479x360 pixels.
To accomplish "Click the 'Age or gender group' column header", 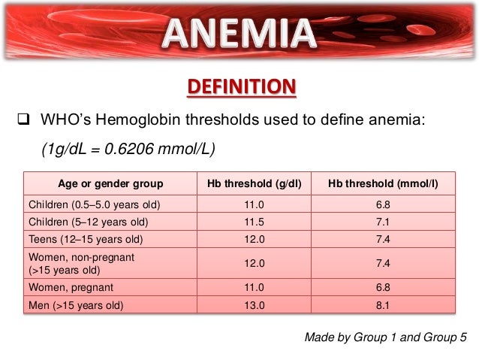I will point(110,184).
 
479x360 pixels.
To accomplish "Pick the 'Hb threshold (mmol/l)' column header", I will point(383,184).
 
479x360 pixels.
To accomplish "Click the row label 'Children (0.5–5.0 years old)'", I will point(95,204).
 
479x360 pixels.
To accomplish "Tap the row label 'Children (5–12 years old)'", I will point(88,222).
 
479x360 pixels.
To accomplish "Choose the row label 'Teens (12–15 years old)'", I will point(84,241).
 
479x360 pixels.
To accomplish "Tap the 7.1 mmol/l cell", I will point(383,222).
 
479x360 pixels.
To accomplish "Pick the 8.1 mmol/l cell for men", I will point(383,304).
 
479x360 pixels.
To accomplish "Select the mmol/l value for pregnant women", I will point(383,286).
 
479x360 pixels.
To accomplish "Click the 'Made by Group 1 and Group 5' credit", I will point(380,337).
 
